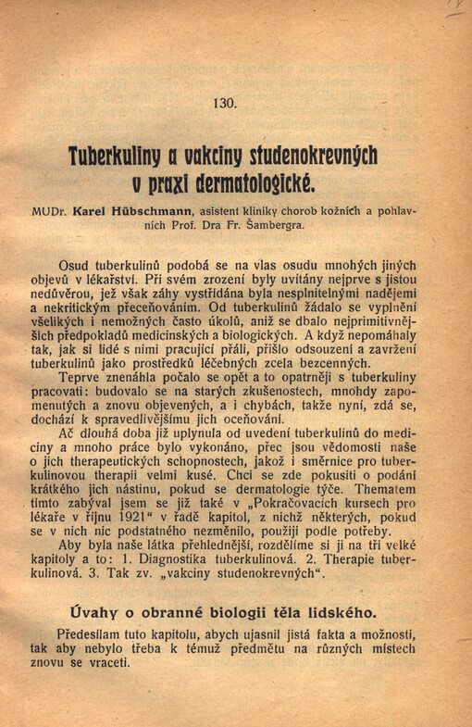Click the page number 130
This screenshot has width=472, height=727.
pyautogui.click(x=225, y=104)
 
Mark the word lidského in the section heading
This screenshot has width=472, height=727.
pyautogui.click(x=340, y=612)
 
